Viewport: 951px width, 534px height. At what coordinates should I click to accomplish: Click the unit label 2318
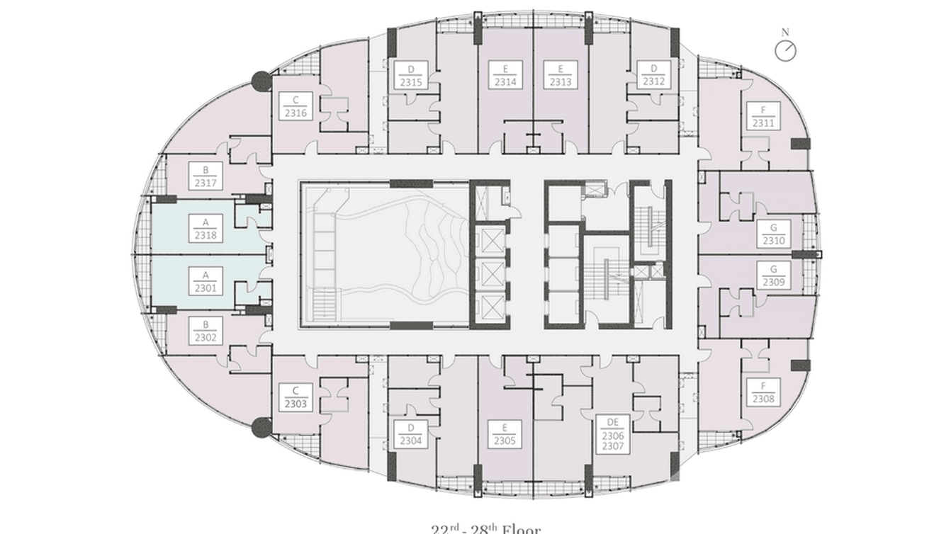[x=206, y=228]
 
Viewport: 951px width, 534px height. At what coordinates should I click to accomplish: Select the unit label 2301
[x=206, y=281]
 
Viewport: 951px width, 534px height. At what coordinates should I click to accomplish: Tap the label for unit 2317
[x=206, y=176]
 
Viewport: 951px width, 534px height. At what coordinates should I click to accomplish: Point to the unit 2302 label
[x=206, y=331]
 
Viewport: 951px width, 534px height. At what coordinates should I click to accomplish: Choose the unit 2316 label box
[x=296, y=106]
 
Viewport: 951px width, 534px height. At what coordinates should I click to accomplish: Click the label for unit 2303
[x=296, y=397]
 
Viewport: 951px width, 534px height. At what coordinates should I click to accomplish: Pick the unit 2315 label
[x=411, y=75]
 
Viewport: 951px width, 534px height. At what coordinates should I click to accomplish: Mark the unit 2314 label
[x=505, y=75]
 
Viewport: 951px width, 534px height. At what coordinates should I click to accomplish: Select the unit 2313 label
[x=561, y=75]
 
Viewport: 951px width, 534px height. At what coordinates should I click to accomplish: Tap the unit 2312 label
[x=654, y=75]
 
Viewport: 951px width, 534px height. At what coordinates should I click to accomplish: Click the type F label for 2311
[x=763, y=116]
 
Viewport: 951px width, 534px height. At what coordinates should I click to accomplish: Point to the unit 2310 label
[x=774, y=234]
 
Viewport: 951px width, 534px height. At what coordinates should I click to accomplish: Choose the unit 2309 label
[x=774, y=275]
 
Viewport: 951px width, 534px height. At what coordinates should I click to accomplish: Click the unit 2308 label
[x=763, y=392]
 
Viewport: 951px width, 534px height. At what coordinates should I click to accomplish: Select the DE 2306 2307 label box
[x=613, y=434]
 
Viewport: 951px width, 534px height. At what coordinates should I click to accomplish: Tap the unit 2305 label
[x=505, y=434]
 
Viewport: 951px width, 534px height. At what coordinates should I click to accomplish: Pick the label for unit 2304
[x=411, y=434]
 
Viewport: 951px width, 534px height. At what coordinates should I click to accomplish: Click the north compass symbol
[x=785, y=50]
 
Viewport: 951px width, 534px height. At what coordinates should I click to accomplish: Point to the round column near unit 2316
[x=261, y=81]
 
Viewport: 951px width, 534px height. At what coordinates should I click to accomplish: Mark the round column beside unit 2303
[x=261, y=426]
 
